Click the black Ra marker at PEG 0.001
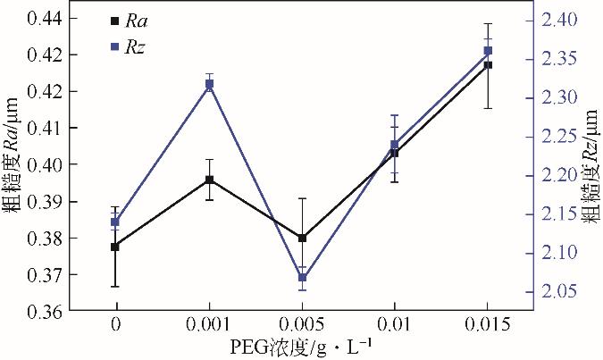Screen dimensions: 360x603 [209, 180]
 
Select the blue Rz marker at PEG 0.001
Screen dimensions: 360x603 [209, 84]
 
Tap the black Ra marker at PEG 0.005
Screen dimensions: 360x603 [303, 239]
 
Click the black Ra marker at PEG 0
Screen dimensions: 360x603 [114, 247]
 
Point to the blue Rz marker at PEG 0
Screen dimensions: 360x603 [114, 222]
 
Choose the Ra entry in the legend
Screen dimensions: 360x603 [130, 20]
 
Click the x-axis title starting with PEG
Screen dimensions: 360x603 [303, 346]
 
